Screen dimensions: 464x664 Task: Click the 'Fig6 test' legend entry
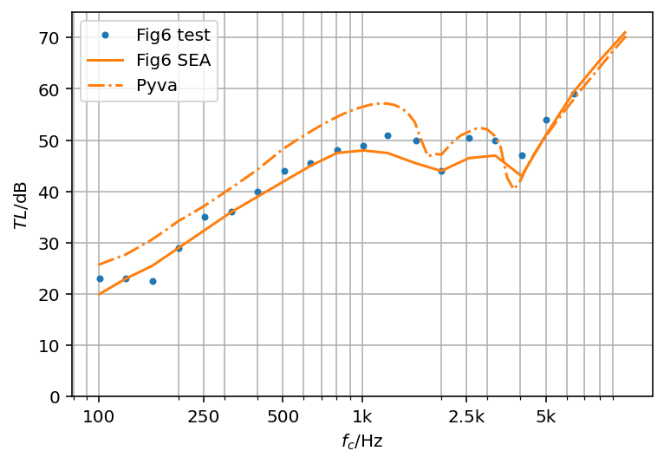tap(173, 36)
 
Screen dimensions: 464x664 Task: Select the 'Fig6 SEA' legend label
tap(173, 60)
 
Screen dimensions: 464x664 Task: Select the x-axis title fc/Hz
tap(361, 441)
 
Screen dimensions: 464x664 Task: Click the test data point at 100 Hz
tap(100, 278)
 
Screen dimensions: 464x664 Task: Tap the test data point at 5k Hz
tap(546, 120)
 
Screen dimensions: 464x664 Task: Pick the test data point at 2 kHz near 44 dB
tap(441, 171)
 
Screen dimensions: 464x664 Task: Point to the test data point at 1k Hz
tap(363, 146)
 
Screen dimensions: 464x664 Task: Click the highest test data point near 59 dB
tap(574, 94)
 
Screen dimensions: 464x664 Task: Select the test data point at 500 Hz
tap(284, 171)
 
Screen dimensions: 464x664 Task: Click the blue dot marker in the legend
tap(105, 36)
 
